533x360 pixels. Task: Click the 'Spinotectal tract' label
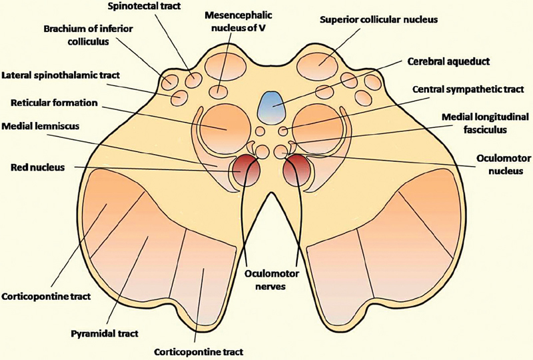pyautogui.click(x=139, y=7)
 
